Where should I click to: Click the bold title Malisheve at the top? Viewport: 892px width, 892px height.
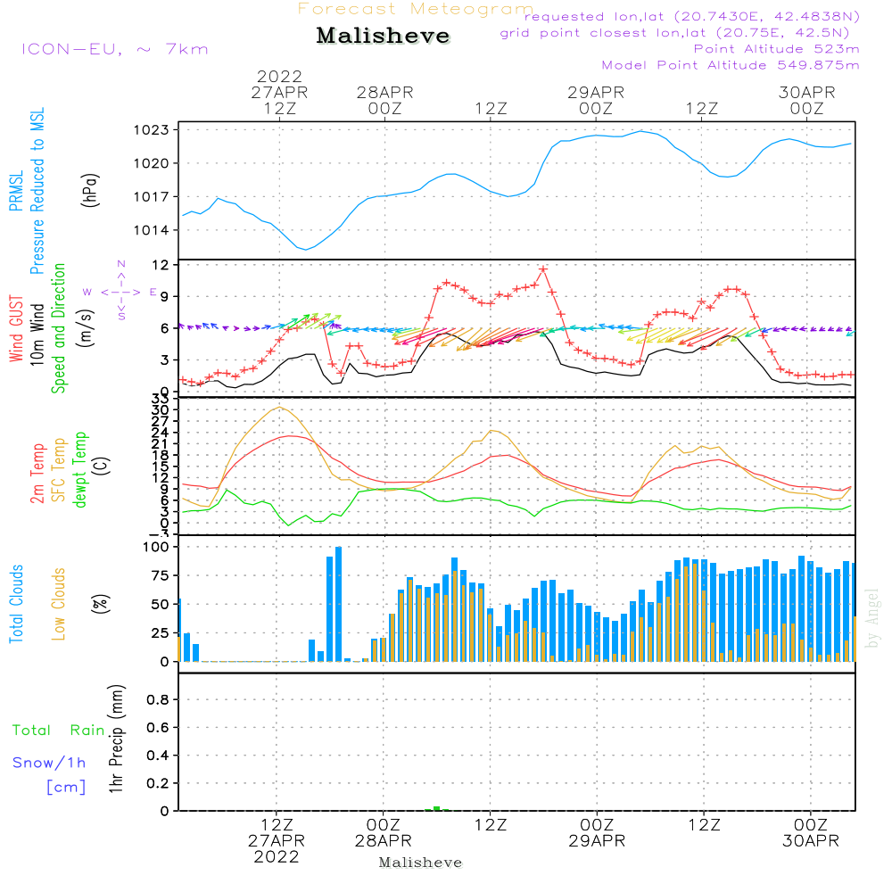click(383, 36)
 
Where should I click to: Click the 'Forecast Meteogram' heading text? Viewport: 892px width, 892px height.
click(416, 9)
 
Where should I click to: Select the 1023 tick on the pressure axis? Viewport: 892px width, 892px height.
click(152, 129)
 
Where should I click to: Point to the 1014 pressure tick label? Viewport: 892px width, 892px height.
click(152, 230)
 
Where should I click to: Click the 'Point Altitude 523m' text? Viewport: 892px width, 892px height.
click(776, 49)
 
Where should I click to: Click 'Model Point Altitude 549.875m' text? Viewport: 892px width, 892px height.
click(731, 65)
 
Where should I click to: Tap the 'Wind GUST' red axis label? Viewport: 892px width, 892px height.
click(16, 328)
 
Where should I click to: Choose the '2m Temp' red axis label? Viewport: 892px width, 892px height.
click(37, 474)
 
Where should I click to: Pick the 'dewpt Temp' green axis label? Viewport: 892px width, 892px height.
click(79, 469)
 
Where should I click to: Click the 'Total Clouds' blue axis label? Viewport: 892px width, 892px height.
click(16, 604)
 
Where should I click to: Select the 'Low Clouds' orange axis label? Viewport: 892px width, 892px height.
click(59, 604)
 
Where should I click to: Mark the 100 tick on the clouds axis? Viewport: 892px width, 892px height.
click(156, 547)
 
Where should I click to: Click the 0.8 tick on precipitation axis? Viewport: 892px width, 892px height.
click(158, 699)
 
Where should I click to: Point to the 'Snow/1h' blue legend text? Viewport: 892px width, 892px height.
click(49, 763)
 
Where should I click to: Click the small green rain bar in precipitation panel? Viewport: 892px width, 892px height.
click(437, 808)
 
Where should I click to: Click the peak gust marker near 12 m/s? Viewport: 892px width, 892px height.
click(543, 269)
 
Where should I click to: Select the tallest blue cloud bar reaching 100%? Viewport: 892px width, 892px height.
click(338, 604)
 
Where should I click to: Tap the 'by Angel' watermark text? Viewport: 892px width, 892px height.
click(872, 618)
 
